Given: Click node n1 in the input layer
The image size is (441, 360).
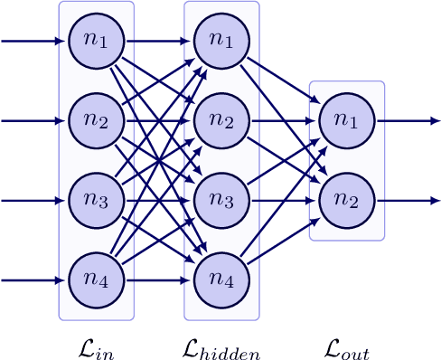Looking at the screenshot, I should pos(97,41).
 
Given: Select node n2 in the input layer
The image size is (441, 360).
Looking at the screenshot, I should pos(97,120).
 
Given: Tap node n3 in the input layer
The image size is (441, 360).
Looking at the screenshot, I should pos(97,200).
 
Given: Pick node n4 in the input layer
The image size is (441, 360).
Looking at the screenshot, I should pos(97,279).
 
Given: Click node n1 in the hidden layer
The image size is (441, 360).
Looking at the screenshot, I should pos(221,41).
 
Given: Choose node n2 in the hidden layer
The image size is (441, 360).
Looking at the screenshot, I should pos(221,120).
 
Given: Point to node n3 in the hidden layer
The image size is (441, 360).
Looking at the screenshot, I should pos(221,200).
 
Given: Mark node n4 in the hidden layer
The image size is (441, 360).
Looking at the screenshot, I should pos(221,279).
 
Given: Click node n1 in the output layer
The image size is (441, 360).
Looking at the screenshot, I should pos(347,120).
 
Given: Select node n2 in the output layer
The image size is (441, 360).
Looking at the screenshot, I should pos(347,200).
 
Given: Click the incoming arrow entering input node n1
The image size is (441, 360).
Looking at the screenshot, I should pos(34,41).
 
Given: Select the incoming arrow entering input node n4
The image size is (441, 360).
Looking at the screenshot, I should pos(34,279).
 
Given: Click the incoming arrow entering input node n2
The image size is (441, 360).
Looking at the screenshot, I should pos(34,120).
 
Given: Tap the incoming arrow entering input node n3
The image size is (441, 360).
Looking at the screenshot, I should pos(34,200).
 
